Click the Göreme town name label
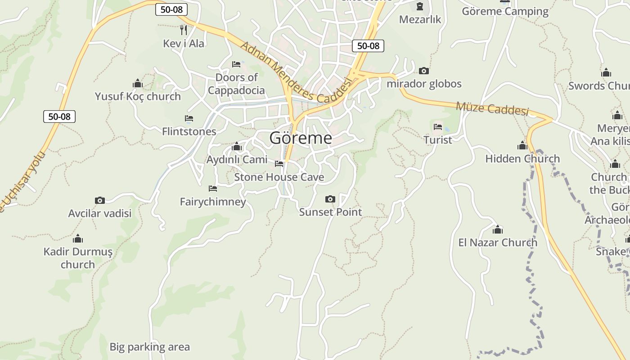pyautogui.click(x=301, y=138)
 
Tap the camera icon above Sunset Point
pyautogui.click(x=330, y=199)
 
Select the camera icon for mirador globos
pyautogui.click(x=423, y=71)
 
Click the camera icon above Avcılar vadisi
pyautogui.click(x=100, y=200)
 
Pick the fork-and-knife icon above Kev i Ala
pyautogui.click(x=183, y=30)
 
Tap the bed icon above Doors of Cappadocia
pyautogui.click(x=236, y=64)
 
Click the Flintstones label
pyautogui.click(x=189, y=131)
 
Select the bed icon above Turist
pyautogui.click(x=438, y=127)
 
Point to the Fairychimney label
pyautogui.click(x=213, y=201)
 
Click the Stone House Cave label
pyautogui.click(x=279, y=177)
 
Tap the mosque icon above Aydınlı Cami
pyautogui.click(x=237, y=147)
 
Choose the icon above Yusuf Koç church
pyautogui.click(x=138, y=83)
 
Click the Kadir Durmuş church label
pyautogui.click(x=78, y=257)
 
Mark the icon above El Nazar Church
pyautogui.click(x=498, y=230)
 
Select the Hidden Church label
pyautogui.click(x=522, y=158)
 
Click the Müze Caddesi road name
pyautogui.click(x=492, y=108)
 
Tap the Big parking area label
pyautogui.click(x=150, y=347)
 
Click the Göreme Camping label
pyautogui.click(x=505, y=11)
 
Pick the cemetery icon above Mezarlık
pyautogui.click(x=420, y=6)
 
